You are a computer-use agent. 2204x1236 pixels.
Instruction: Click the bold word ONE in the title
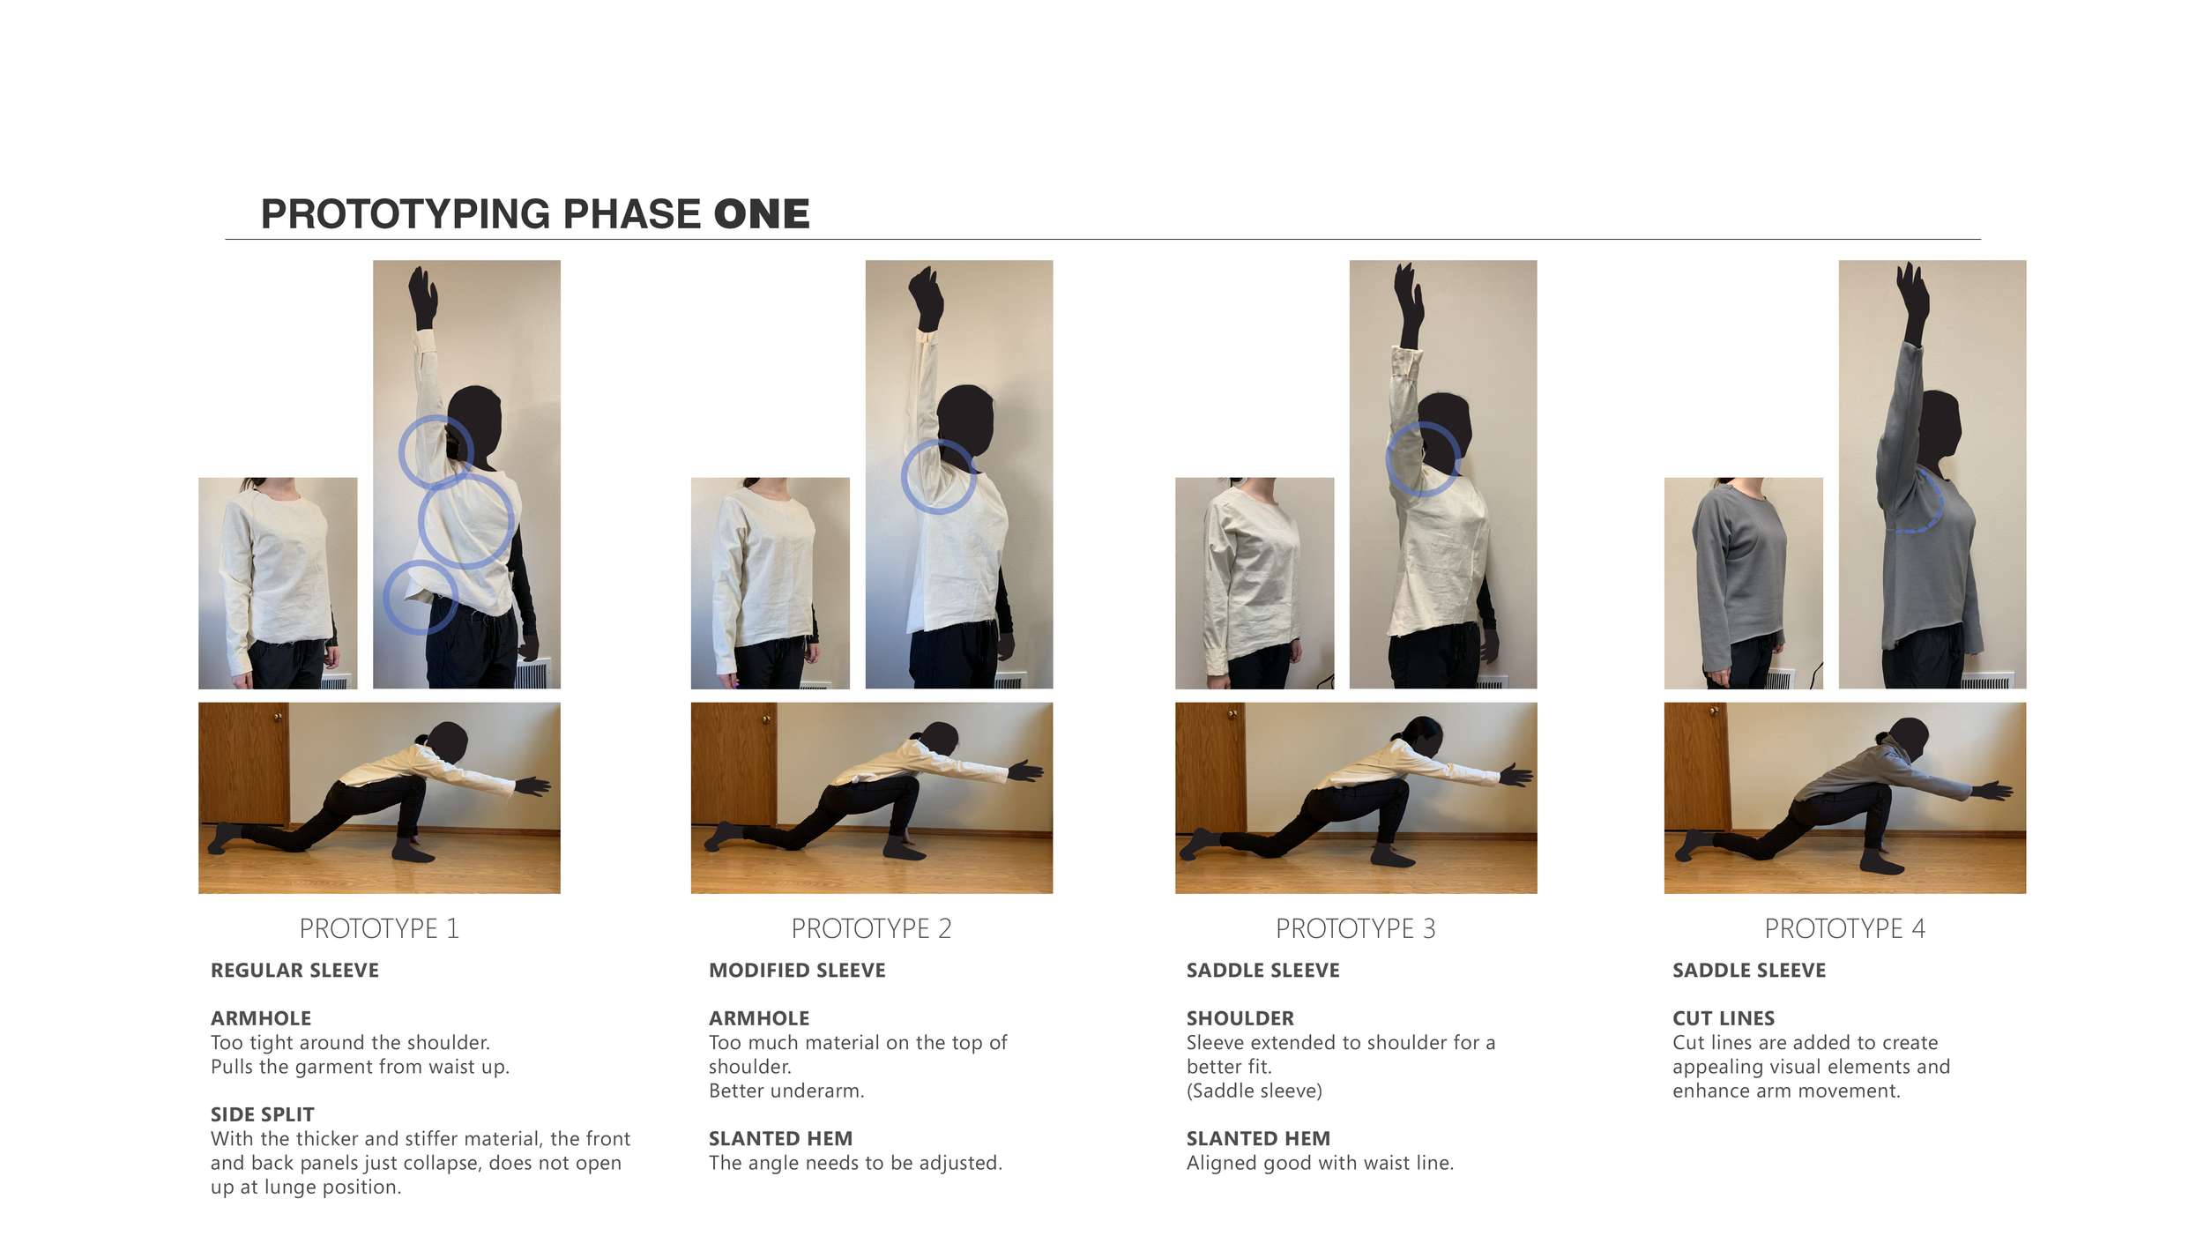762,214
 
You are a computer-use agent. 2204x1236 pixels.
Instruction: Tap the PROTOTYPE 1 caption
379,928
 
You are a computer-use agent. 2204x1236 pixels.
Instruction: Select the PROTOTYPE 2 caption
871,928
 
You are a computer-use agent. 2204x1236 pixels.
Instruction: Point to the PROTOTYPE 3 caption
1356,928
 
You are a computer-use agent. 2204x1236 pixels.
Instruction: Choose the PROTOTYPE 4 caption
1844,928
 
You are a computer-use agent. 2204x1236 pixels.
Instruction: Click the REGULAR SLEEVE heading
294,971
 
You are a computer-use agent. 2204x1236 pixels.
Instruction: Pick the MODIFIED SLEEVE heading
797,971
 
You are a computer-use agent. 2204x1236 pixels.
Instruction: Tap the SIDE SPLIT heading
262,1114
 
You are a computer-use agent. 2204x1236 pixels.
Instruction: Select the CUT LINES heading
1724,1018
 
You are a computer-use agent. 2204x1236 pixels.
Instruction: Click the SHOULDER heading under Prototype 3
1240,1018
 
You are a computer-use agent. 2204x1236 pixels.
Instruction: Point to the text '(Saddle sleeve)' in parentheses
1254,1091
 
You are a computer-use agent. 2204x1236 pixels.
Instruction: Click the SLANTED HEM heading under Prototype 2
780,1139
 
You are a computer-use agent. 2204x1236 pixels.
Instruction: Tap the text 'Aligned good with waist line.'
1320,1164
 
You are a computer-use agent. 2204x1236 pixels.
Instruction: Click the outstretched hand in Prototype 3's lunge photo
1515,776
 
